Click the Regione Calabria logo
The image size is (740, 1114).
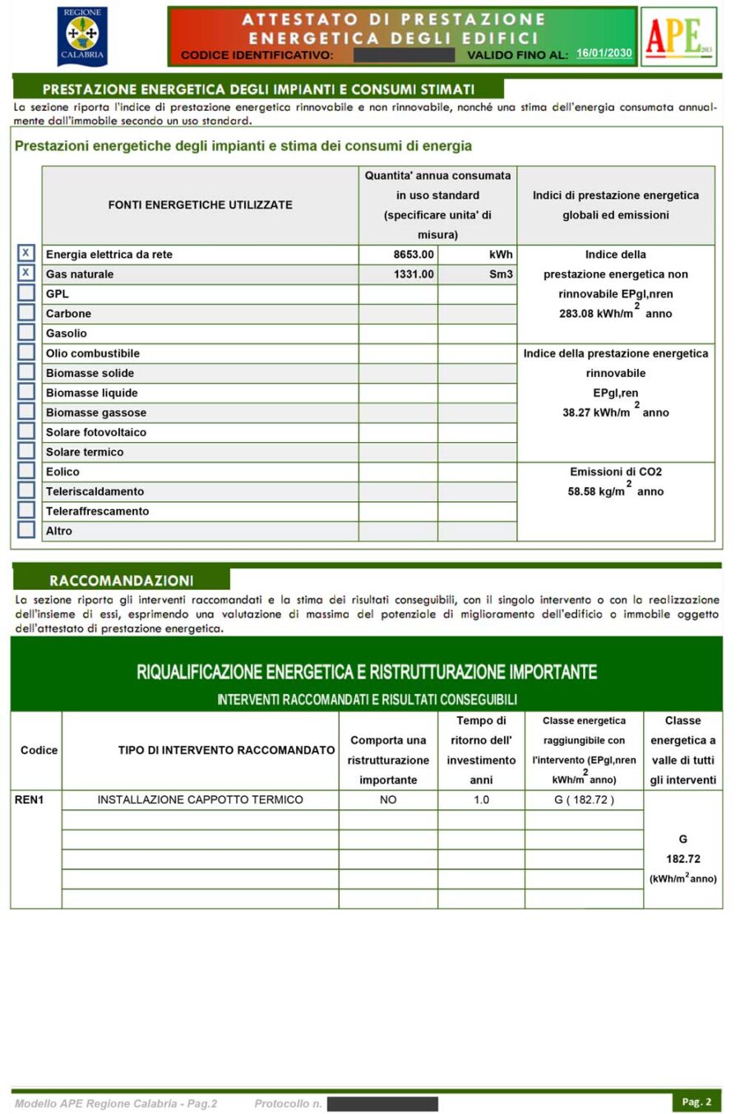(x=81, y=36)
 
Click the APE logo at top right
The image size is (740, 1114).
(x=678, y=36)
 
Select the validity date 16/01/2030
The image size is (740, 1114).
(x=604, y=53)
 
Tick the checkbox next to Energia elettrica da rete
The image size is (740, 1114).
(x=26, y=253)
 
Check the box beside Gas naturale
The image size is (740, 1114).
(x=26, y=273)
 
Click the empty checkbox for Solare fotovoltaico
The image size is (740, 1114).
(x=26, y=431)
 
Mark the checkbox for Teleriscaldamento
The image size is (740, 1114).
(x=26, y=490)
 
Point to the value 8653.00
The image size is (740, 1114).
(x=413, y=255)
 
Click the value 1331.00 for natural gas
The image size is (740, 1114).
(x=413, y=274)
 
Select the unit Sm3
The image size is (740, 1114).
(x=500, y=274)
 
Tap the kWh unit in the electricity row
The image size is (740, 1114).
(x=500, y=255)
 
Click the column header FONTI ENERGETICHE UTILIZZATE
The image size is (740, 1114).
(x=200, y=205)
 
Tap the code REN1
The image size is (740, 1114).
(x=29, y=799)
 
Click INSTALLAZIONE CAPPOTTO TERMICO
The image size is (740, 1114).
(x=200, y=799)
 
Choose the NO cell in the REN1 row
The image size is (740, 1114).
(x=388, y=799)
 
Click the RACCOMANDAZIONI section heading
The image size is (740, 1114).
(x=121, y=580)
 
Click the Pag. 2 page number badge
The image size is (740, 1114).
(x=696, y=1102)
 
